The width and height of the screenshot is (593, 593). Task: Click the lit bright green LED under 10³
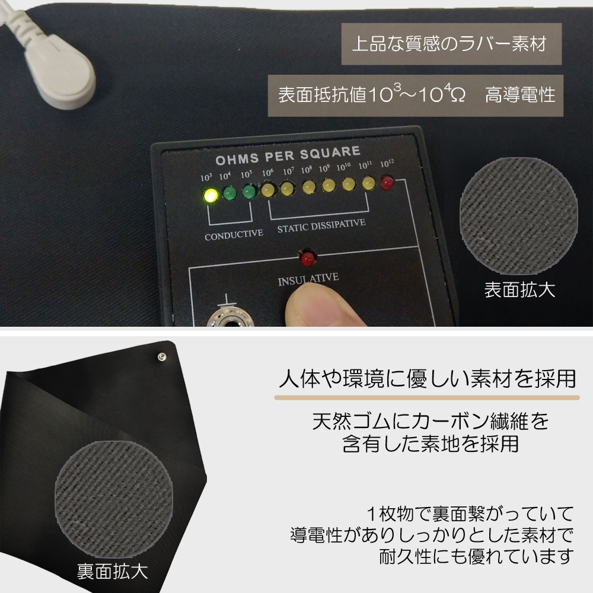[211, 196]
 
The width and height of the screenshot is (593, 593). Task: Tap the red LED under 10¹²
[387, 182]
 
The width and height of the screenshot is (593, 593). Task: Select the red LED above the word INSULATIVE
[308, 257]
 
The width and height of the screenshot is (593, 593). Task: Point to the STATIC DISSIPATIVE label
[321, 225]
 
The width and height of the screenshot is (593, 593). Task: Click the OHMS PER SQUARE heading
[288, 155]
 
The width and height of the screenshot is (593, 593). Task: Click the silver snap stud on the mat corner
[162, 356]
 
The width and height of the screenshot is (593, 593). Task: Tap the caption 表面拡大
[519, 290]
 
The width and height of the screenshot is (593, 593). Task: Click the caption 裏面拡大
[112, 571]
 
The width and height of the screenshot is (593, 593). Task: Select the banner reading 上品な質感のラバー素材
[451, 44]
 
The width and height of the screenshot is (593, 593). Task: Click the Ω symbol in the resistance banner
[458, 95]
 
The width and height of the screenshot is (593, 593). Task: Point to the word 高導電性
[520, 94]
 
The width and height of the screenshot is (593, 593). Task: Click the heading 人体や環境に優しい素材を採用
[428, 378]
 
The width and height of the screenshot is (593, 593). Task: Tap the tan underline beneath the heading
[427, 397]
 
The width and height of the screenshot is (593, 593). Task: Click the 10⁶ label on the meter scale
[267, 173]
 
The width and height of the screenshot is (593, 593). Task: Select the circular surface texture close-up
[519, 216]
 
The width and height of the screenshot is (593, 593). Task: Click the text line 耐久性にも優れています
[477, 557]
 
